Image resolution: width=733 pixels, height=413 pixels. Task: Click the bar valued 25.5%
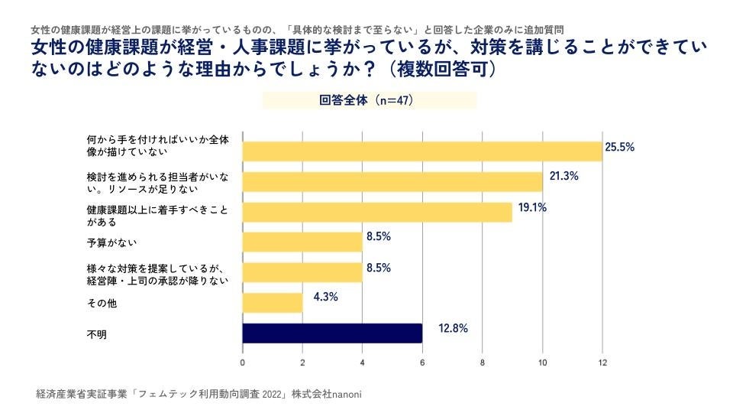(422, 151)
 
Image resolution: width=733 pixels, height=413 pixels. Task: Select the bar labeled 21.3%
(392, 181)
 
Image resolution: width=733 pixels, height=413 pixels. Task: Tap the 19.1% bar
(377, 212)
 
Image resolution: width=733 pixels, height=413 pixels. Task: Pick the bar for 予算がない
(302, 242)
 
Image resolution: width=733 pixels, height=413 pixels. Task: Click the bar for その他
(273, 303)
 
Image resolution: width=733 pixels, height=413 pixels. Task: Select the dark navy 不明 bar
(332, 333)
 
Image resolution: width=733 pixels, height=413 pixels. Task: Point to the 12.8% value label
(453, 329)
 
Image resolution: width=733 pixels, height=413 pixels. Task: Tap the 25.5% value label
(620, 147)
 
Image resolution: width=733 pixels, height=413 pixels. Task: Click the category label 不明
(97, 334)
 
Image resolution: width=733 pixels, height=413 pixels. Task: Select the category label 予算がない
(112, 242)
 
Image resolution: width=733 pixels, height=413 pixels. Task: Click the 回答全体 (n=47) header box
(370, 100)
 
